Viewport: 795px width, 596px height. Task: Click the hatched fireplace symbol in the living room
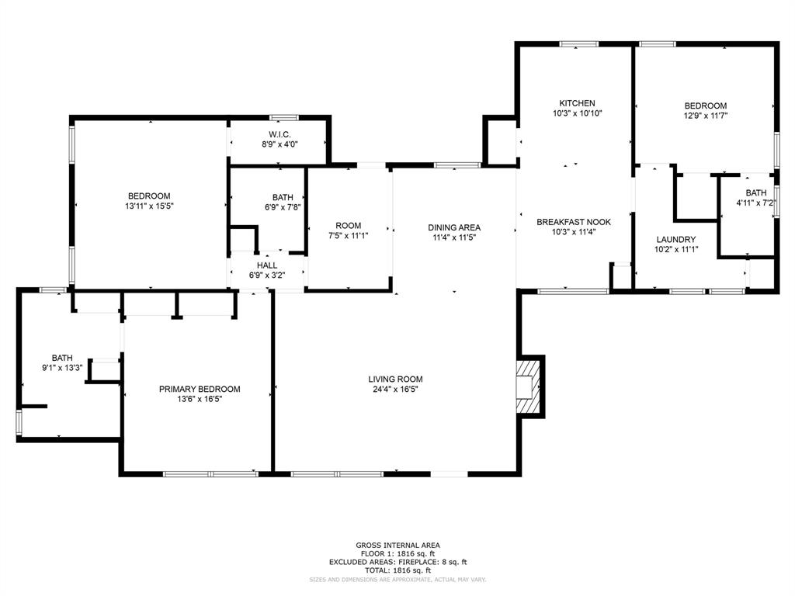529,386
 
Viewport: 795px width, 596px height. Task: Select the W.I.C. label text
279,134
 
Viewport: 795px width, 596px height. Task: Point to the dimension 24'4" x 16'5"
395,390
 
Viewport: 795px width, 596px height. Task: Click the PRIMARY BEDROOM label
200,390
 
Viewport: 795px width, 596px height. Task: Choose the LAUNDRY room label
675,240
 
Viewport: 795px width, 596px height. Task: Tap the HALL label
266,265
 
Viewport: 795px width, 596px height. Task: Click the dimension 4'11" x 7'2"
755,203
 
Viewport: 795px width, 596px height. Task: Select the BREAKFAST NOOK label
574,222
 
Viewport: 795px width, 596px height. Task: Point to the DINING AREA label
454,227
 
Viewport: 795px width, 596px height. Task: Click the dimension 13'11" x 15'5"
148,206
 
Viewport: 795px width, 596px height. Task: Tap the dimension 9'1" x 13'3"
62,368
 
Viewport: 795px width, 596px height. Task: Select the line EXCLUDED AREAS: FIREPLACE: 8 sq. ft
397,562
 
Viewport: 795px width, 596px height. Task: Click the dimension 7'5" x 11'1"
348,235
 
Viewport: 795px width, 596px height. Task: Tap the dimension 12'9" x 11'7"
705,116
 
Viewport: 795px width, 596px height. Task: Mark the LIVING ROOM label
395,379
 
